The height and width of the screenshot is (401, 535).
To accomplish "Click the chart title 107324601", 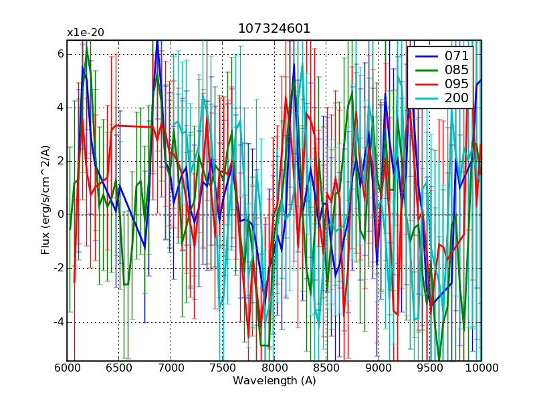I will click(x=274, y=29).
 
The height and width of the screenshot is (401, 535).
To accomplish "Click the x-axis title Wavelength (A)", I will click(x=274, y=381).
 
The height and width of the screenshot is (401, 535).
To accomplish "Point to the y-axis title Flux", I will click(x=45, y=200).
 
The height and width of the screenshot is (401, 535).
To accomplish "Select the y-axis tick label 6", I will click(x=60, y=53).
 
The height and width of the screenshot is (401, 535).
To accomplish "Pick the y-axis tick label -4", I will click(x=58, y=322).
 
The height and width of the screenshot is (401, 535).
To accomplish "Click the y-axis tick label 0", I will click(x=60, y=215).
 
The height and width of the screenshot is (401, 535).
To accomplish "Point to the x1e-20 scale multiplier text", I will click(x=85, y=32).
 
